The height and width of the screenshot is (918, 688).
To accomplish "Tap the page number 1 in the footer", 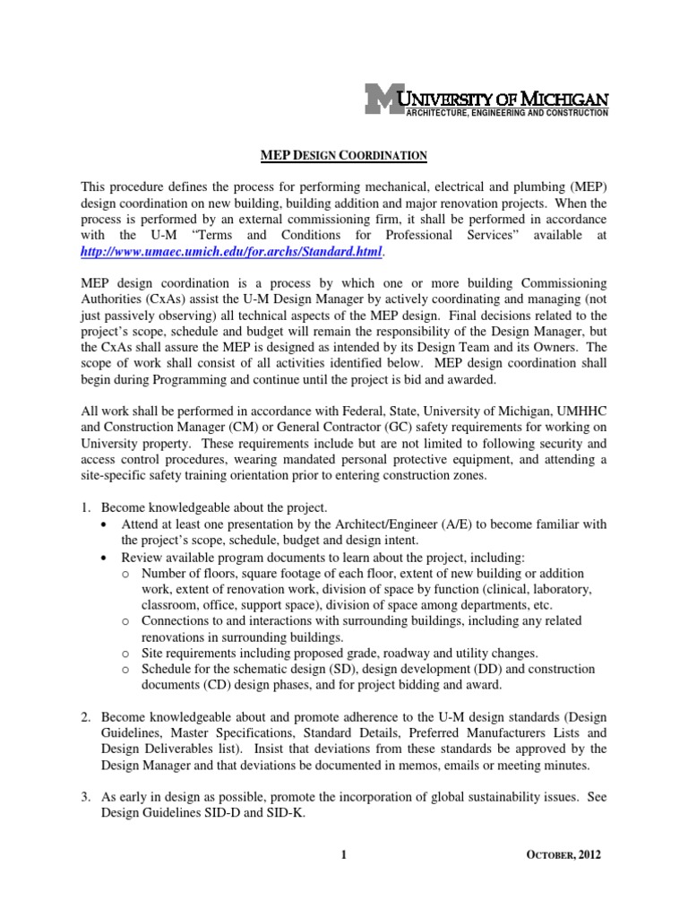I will point(343,855).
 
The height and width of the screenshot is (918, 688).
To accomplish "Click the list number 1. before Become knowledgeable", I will point(87,507).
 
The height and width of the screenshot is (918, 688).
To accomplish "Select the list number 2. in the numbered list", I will point(87,717).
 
